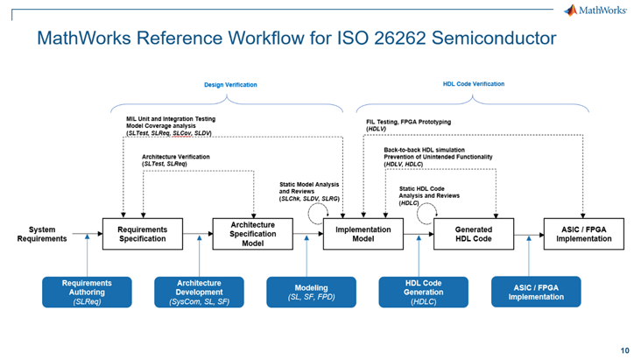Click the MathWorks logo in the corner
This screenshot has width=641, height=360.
pyautogui.click(x=595, y=11)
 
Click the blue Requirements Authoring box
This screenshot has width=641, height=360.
pyautogui.click(x=88, y=292)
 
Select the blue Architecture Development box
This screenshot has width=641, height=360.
pyautogui.click(x=198, y=292)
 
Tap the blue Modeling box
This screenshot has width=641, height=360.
pyautogui.click(x=312, y=292)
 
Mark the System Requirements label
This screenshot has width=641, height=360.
pyautogui.click(x=42, y=234)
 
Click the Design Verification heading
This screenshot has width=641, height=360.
pyautogui.click(x=230, y=85)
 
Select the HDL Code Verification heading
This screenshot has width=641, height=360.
pyautogui.click(x=474, y=84)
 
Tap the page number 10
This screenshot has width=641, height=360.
pyautogui.click(x=624, y=349)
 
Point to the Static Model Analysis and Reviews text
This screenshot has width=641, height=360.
pyautogui.click(x=310, y=191)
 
